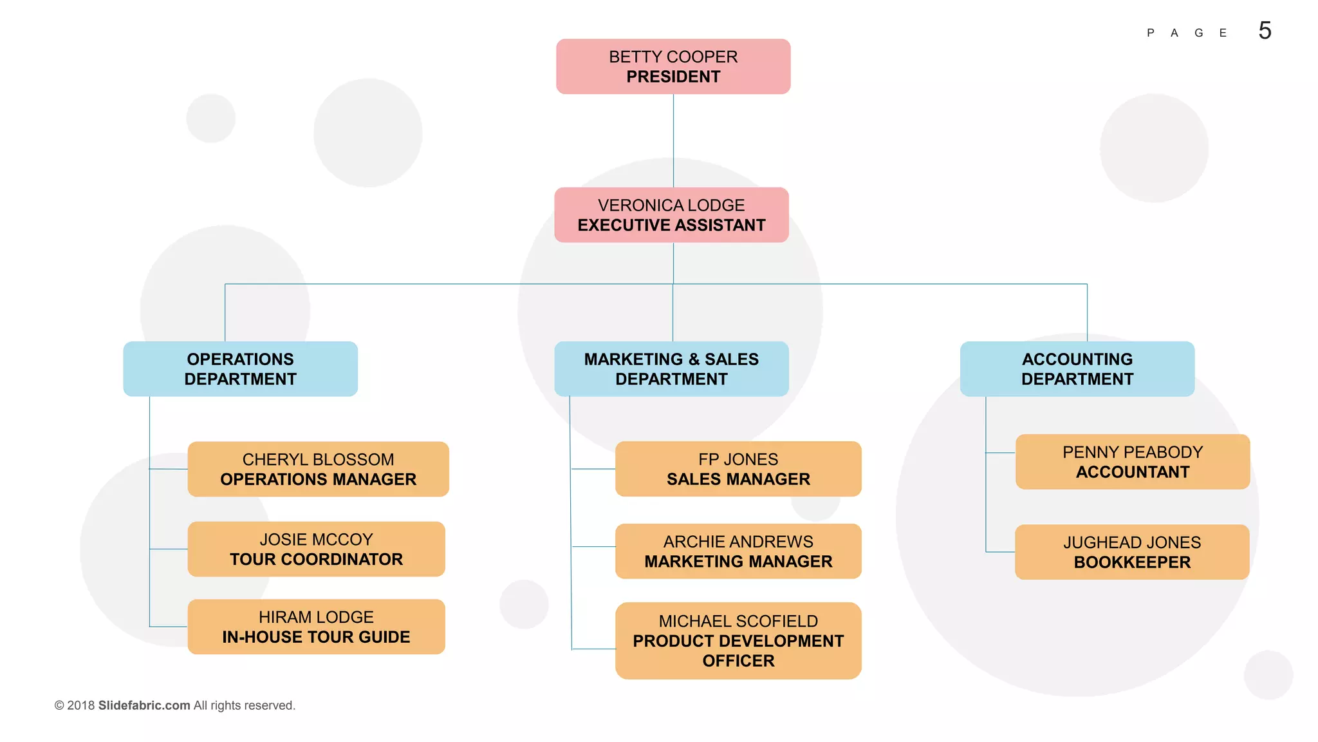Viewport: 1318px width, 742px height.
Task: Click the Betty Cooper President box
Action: tap(673, 66)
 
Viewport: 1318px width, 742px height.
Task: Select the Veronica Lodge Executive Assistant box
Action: tap(671, 215)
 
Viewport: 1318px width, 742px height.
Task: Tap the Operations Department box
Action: tap(240, 369)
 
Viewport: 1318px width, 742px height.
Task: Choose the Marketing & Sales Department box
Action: tap(671, 369)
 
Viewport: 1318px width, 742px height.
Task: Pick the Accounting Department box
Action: tap(1077, 369)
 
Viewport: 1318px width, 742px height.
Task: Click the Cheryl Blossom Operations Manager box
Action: tap(318, 469)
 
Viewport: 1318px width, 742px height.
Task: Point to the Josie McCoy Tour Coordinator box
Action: tap(316, 549)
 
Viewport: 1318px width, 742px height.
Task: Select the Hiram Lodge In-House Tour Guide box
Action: tap(316, 627)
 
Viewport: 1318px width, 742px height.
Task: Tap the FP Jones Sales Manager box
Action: tap(738, 469)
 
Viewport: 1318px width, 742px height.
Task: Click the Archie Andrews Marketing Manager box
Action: tap(738, 551)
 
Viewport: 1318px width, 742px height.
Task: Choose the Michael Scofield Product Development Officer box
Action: tap(738, 641)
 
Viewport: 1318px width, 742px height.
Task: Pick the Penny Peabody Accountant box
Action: tap(1133, 462)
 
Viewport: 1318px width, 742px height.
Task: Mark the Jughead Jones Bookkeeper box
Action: tap(1132, 552)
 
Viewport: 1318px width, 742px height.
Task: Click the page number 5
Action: tap(1265, 31)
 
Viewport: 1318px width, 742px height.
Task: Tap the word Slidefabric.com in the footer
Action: tap(144, 705)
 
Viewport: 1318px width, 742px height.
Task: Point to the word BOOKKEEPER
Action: tap(1132, 562)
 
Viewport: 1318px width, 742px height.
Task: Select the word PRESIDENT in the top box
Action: tap(673, 77)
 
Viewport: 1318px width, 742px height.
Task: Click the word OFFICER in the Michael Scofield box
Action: tap(738, 661)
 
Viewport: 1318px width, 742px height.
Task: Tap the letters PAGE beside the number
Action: tap(1187, 33)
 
